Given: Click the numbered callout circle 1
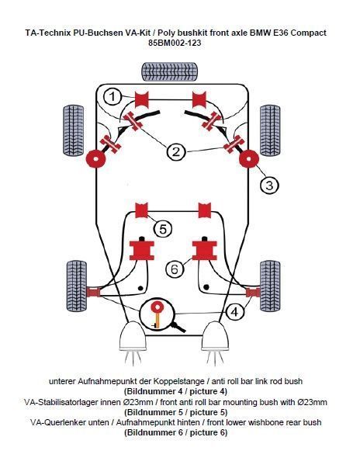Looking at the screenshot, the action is pyautogui.click(x=112, y=97).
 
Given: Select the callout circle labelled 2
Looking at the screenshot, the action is pyautogui.click(x=176, y=151).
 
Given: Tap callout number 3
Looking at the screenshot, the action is pyautogui.click(x=269, y=185).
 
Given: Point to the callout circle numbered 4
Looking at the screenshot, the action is pyautogui.click(x=235, y=312).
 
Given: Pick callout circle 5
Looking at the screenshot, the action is pyautogui.click(x=163, y=229).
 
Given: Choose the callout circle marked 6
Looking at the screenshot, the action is pyautogui.click(x=175, y=269).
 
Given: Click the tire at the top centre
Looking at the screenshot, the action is pyautogui.click(x=170, y=71).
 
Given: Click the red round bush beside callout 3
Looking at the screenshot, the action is pyautogui.click(x=249, y=159).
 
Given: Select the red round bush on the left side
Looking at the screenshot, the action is pyautogui.click(x=95, y=159).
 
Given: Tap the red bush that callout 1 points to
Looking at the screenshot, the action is pyautogui.click(x=141, y=99).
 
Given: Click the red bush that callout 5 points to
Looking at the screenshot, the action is pyautogui.click(x=141, y=210).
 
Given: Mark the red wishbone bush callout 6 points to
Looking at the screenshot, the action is pyautogui.click(x=205, y=251).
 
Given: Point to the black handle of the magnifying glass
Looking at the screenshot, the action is pyautogui.click(x=179, y=328).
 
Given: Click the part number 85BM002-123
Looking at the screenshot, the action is pyautogui.click(x=175, y=43).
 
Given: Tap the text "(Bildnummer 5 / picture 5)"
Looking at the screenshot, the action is pyautogui.click(x=175, y=412).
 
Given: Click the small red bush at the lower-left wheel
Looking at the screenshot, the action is pyautogui.click(x=93, y=293).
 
